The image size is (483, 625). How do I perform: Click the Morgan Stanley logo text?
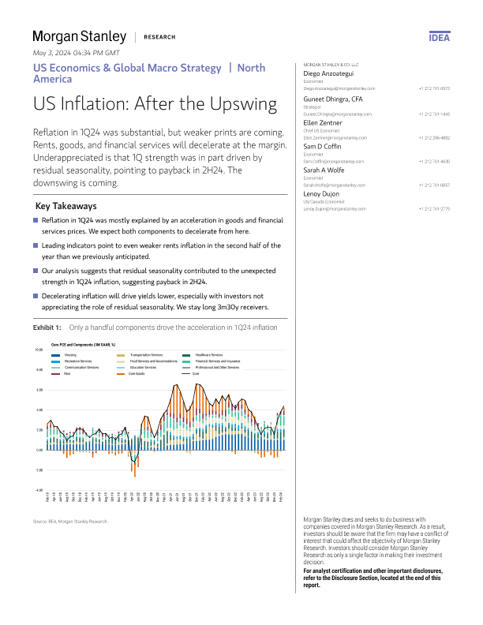(79, 36)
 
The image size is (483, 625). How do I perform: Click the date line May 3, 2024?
(75, 53)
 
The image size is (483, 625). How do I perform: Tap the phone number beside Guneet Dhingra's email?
(434, 114)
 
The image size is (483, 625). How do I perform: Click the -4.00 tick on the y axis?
(38, 490)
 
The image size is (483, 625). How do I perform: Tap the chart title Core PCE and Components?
(83, 345)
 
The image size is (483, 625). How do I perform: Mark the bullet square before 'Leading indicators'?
(36, 246)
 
